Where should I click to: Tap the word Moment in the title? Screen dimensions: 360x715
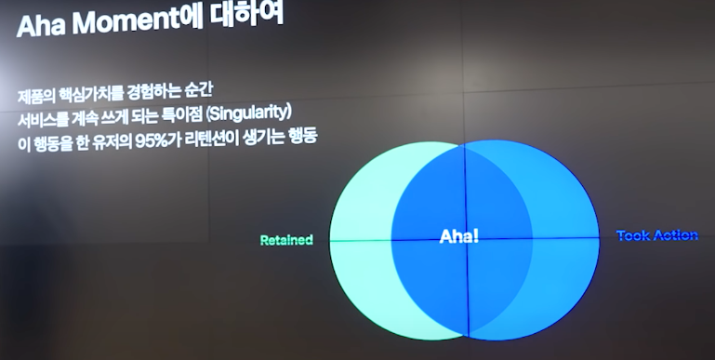point(122,22)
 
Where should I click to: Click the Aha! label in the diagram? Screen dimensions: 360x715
point(459,237)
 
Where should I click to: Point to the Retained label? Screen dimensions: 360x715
point(286,240)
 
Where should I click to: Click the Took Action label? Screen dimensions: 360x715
point(656,235)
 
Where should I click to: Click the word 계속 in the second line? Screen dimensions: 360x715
point(87,118)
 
